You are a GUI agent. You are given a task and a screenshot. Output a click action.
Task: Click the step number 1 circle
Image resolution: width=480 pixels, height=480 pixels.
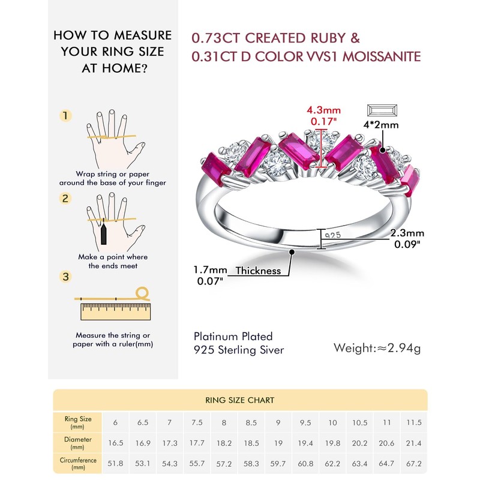point(66,116)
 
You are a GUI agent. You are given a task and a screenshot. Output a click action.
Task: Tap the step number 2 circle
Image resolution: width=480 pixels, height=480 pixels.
point(66,199)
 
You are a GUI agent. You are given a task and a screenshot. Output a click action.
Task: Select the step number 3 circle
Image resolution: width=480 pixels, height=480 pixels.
point(66,277)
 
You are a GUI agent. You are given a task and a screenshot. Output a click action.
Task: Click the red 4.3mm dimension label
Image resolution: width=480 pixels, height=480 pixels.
point(323,110)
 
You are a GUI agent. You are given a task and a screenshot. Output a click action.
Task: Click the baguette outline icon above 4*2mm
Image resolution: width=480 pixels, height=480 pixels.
point(381,111)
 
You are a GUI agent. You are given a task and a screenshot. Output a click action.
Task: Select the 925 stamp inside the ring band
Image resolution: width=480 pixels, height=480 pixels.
point(332,236)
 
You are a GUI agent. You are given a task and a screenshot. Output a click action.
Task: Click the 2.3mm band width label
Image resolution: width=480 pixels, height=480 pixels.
point(407,233)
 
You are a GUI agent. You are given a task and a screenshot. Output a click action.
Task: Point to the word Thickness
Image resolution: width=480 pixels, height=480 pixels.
point(258,271)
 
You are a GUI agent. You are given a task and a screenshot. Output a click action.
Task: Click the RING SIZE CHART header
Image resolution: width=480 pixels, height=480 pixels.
point(240,400)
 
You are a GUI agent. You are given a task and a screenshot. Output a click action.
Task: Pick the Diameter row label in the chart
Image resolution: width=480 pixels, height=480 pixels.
point(78,442)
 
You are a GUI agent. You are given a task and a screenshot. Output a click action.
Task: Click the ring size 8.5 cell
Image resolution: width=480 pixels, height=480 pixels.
point(251,422)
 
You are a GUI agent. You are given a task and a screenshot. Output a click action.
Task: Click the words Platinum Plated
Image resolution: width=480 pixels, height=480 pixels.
point(233,336)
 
